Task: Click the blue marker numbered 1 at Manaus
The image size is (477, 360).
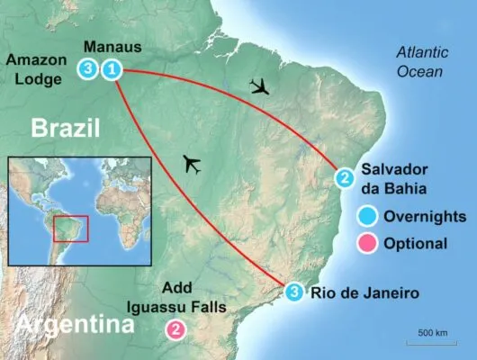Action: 112,68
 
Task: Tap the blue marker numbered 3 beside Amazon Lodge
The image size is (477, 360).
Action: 87,68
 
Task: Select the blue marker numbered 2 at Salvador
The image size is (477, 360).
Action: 345,178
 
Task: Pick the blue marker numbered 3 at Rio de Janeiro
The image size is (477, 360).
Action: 296,291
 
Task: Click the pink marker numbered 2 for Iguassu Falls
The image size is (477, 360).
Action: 176,329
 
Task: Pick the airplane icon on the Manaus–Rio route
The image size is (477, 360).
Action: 191,164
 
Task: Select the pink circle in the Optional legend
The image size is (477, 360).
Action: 367,243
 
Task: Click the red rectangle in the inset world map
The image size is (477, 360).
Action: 70,228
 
